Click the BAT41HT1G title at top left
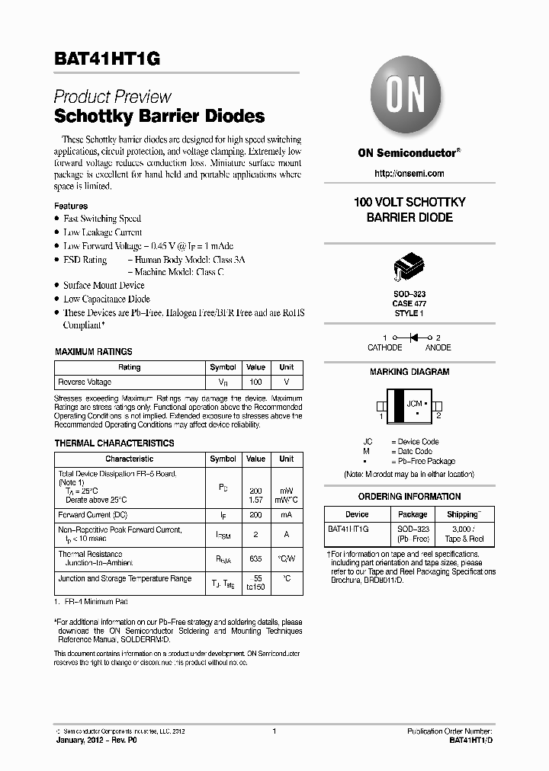coord(107,60)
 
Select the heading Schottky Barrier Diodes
coord(159,117)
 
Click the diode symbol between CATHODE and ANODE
coord(415,337)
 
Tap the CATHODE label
coord(384,347)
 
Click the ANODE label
coord(438,347)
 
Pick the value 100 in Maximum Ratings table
coord(255,382)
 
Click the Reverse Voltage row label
coord(85,382)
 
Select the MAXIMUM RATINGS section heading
coord(93,352)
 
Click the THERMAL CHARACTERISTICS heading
coord(114,443)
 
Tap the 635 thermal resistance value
coord(255,558)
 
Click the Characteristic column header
coord(129,459)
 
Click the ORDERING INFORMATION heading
coord(409,497)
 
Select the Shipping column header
coord(464,514)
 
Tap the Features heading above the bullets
coord(71,206)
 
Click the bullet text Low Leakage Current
coord(102,232)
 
